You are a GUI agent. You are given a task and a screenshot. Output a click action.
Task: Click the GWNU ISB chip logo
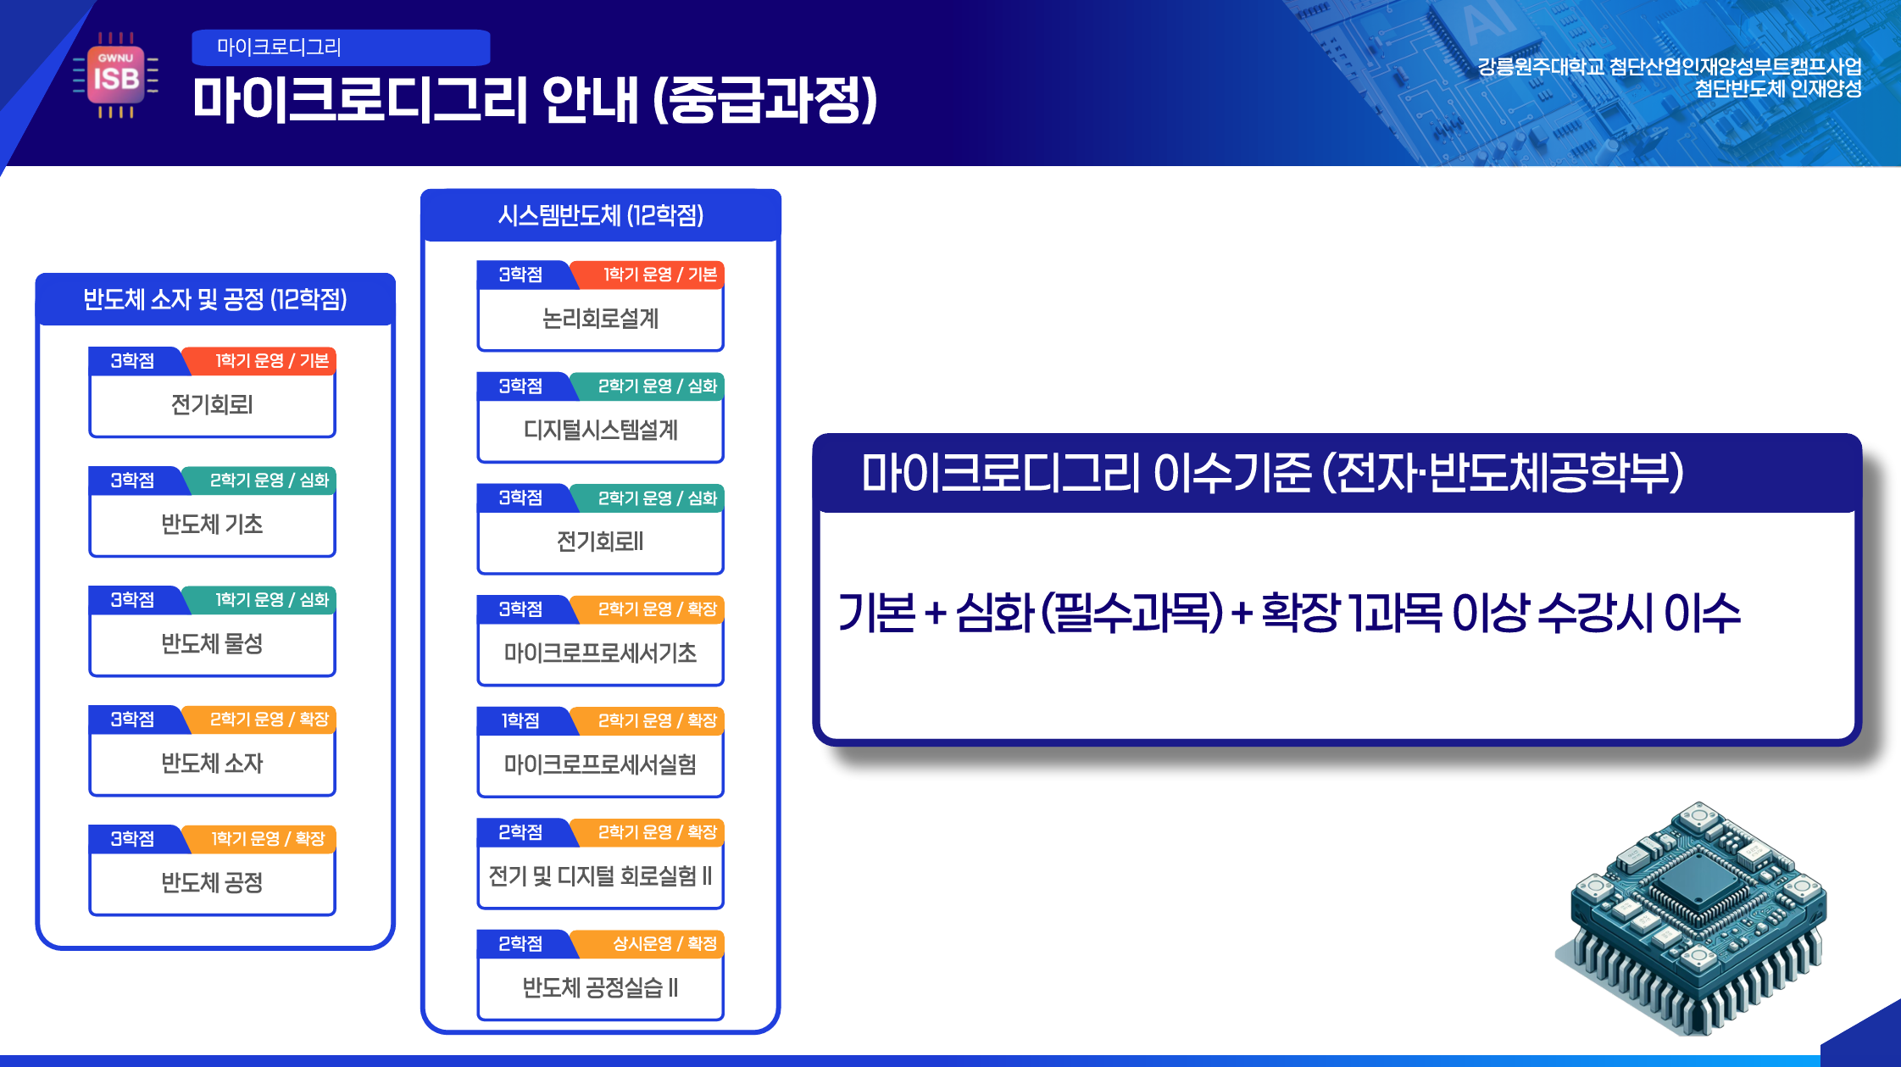click(x=115, y=75)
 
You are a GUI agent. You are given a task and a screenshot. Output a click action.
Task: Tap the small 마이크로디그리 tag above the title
click(x=341, y=47)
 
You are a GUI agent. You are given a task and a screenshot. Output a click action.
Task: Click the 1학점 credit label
click(x=520, y=720)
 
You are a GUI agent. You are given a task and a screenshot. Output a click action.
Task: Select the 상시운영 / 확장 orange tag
click(x=649, y=943)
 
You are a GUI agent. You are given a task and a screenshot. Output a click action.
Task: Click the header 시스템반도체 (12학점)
click(x=601, y=215)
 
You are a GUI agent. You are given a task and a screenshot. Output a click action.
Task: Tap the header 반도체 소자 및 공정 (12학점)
click(x=215, y=299)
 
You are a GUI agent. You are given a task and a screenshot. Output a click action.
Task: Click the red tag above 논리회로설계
click(x=649, y=275)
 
